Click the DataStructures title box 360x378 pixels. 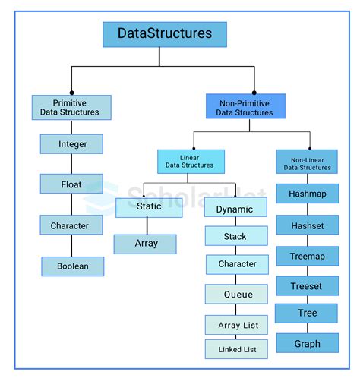click(x=165, y=34)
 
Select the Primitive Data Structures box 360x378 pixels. click(x=71, y=107)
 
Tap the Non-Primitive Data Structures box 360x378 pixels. click(x=245, y=107)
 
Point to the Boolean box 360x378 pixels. click(x=72, y=266)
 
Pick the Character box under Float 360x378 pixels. click(x=71, y=225)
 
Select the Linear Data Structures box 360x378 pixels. click(x=191, y=160)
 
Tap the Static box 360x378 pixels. click(x=149, y=206)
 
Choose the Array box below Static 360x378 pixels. click(x=145, y=244)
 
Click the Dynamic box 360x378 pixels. click(x=235, y=209)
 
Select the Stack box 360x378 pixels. click(x=235, y=237)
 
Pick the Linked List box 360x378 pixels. click(x=236, y=349)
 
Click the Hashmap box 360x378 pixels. click(x=307, y=194)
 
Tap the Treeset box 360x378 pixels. click(x=307, y=286)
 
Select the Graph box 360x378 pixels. click(x=307, y=344)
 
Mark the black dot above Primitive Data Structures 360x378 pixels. click(x=71, y=92)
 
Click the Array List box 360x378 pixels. click(x=237, y=325)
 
